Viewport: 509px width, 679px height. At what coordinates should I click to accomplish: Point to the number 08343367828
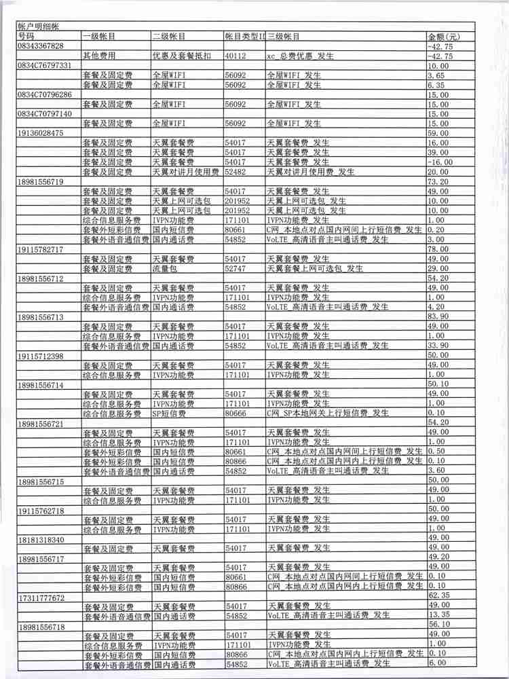41,46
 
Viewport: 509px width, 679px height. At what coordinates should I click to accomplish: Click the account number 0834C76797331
45,66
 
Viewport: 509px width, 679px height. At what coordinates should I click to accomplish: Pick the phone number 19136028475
41,134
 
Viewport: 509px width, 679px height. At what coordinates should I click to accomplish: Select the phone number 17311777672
41,598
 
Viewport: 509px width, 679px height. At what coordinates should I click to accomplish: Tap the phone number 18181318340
41,539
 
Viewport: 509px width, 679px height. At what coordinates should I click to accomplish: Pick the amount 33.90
438,346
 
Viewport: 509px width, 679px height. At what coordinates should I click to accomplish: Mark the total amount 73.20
438,182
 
